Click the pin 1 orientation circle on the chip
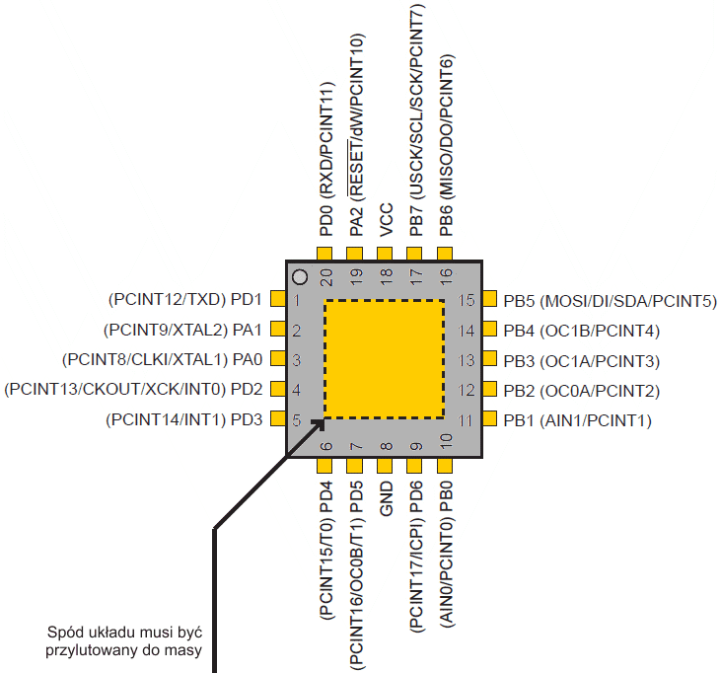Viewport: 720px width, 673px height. coord(302,278)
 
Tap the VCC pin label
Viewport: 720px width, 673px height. coord(386,220)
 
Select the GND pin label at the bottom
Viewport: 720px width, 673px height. coord(386,499)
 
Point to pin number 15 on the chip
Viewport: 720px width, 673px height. coord(468,301)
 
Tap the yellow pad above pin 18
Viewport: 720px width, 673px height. coord(386,254)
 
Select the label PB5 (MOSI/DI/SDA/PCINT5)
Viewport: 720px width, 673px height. coord(609,301)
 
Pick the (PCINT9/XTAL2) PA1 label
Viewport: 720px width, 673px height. coord(181,330)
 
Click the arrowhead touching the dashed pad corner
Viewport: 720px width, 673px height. coord(318,424)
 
